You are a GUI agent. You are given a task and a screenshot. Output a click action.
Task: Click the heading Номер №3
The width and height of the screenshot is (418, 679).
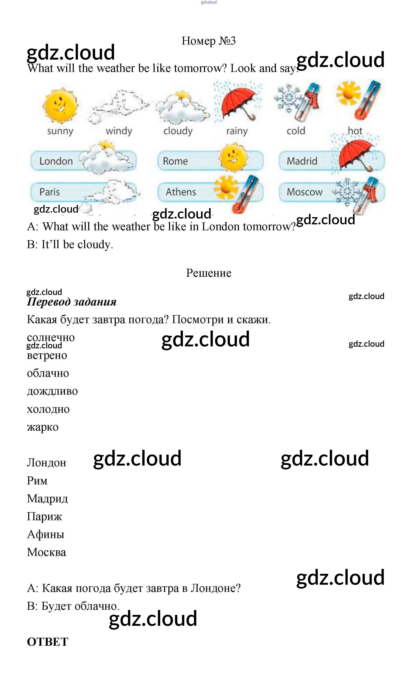[x=208, y=41]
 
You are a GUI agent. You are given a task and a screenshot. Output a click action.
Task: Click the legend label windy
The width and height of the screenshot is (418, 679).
[x=119, y=131]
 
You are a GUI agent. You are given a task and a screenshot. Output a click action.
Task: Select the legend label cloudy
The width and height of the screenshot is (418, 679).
[x=178, y=131]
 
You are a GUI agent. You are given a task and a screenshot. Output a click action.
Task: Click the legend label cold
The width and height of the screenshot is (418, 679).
[x=296, y=131]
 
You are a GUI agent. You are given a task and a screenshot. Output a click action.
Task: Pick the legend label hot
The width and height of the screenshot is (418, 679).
[x=355, y=131]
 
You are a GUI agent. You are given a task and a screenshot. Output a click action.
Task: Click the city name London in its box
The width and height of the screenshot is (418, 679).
[x=56, y=161]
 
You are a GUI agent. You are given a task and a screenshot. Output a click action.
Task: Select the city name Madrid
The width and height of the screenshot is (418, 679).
[x=302, y=161]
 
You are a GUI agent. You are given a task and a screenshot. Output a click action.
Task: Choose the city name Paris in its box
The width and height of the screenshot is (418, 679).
[x=50, y=192]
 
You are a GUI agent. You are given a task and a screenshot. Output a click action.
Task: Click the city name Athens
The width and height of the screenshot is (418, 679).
[x=181, y=192]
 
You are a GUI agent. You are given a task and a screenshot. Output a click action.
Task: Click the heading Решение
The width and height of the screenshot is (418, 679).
[x=208, y=273]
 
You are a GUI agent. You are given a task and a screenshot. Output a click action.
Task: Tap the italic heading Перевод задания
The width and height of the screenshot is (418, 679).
[x=72, y=302]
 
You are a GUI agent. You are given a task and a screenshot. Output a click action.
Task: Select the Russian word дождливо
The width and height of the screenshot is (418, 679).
[x=52, y=391]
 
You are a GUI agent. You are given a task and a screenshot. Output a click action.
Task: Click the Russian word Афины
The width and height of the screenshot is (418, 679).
[x=46, y=534]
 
